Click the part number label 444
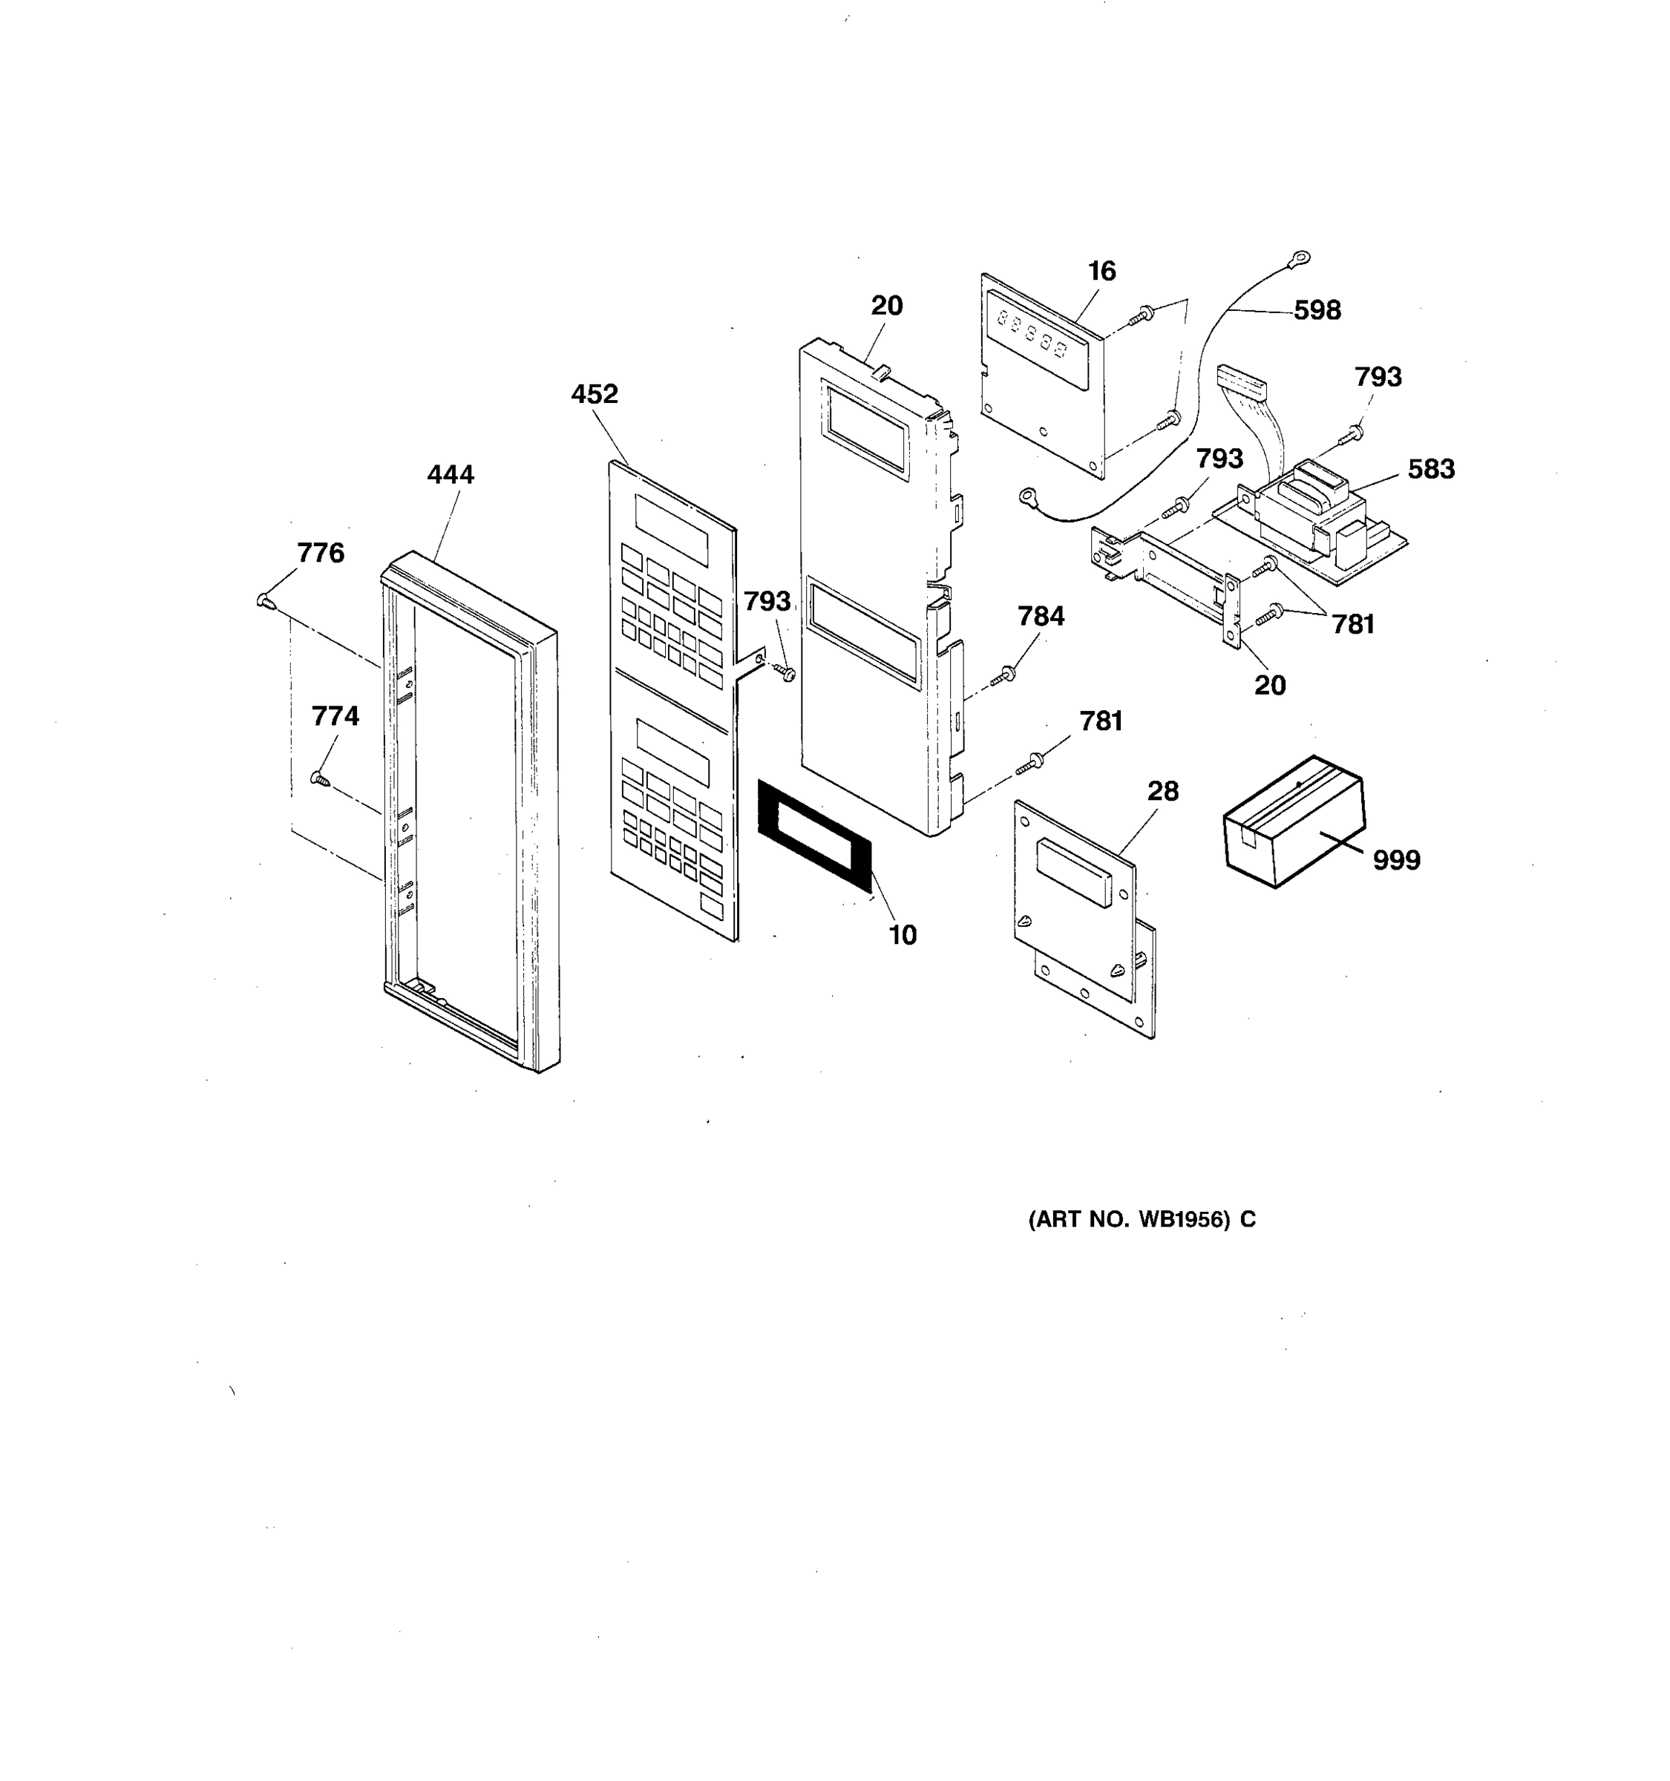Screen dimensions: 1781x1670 (450, 474)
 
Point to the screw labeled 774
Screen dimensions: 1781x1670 (320, 778)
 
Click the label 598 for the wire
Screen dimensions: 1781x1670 (1316, 311)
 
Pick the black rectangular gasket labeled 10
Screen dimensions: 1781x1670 (813, 835)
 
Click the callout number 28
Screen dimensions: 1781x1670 (1163, 791)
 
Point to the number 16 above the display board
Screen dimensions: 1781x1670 (1101, 272)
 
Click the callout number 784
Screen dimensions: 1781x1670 (1040, 617)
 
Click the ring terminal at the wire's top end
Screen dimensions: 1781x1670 (1295, 260)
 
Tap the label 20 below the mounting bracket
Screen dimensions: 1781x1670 (1269, 686)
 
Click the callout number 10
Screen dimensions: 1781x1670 (903, 935)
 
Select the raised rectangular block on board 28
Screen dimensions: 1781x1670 (1073, 870)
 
